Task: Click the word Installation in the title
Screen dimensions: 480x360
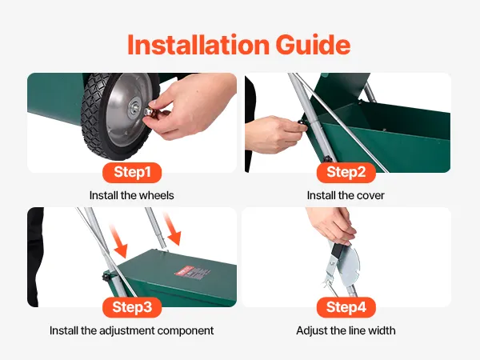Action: click(198, 45)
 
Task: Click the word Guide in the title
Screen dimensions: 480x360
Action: click(313, 45)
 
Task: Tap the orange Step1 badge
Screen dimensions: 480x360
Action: click(132, 172)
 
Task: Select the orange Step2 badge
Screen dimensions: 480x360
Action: click(346, 172)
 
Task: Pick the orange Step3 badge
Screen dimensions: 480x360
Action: click(132, 307)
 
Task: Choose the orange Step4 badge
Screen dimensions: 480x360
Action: click(346, 307)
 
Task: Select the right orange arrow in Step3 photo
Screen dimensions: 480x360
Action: click(172, 229)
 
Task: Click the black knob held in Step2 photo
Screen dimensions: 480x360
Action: click(302, 124)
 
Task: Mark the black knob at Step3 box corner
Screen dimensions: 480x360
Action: click(106, 278)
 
